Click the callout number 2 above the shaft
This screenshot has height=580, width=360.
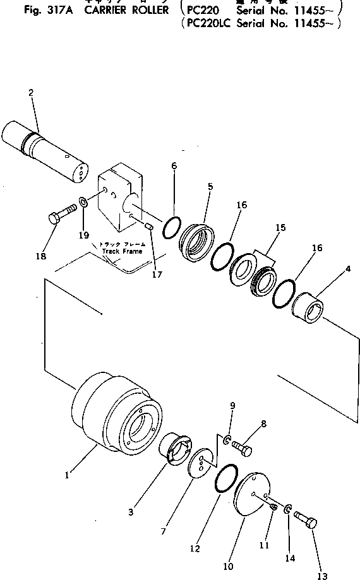pos(30,93)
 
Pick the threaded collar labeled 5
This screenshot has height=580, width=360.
pos(200,242)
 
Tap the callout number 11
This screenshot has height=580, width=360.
pos(265,544)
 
